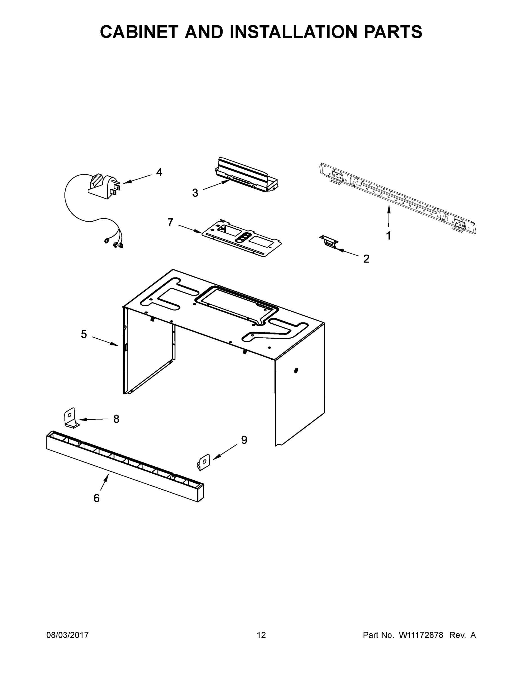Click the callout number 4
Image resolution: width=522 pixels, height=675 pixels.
(159, 172)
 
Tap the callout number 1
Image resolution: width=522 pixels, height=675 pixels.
(388, 236)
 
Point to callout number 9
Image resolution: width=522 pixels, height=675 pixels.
(244, 440)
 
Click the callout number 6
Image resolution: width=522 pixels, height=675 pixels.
(97, 498)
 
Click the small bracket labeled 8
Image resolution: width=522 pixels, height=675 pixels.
(71, 418)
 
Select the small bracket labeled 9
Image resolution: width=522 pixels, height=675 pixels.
(204, 462)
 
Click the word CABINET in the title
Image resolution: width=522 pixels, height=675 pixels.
(140, 32)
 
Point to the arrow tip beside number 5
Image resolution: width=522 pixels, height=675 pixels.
(119, 345)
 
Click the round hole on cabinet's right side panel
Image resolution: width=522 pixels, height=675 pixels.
(296, 370)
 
